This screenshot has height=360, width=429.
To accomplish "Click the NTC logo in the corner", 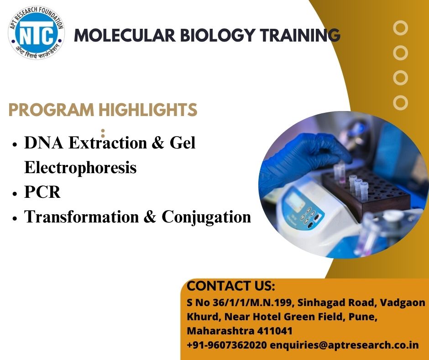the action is [37, 32].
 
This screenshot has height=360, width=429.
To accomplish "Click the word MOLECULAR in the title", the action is [125, 35].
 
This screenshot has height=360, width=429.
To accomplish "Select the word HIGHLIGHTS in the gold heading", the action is [148, 110].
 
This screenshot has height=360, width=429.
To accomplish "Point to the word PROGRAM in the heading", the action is [52, 110].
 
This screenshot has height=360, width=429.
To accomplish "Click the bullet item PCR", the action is [42, 192].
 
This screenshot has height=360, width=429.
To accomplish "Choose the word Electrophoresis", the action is [80, 167].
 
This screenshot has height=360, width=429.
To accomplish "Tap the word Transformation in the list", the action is [82, 217].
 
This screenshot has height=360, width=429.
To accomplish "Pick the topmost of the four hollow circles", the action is [400, 28].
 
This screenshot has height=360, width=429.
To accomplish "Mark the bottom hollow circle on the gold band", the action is [400, 103].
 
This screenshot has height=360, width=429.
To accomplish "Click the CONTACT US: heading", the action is [230, 286].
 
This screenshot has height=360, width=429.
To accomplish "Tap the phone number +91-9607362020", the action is [227, 344].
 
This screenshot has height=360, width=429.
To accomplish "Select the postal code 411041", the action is [275, 331].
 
